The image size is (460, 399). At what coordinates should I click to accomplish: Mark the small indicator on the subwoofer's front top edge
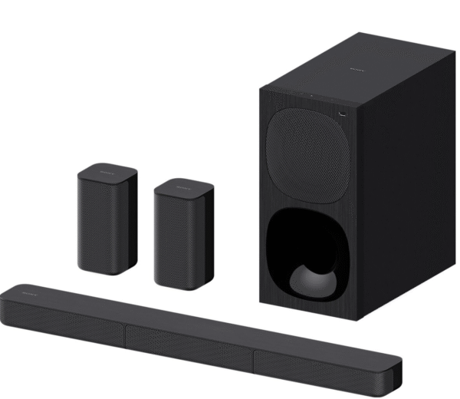[x=311, y=96]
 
